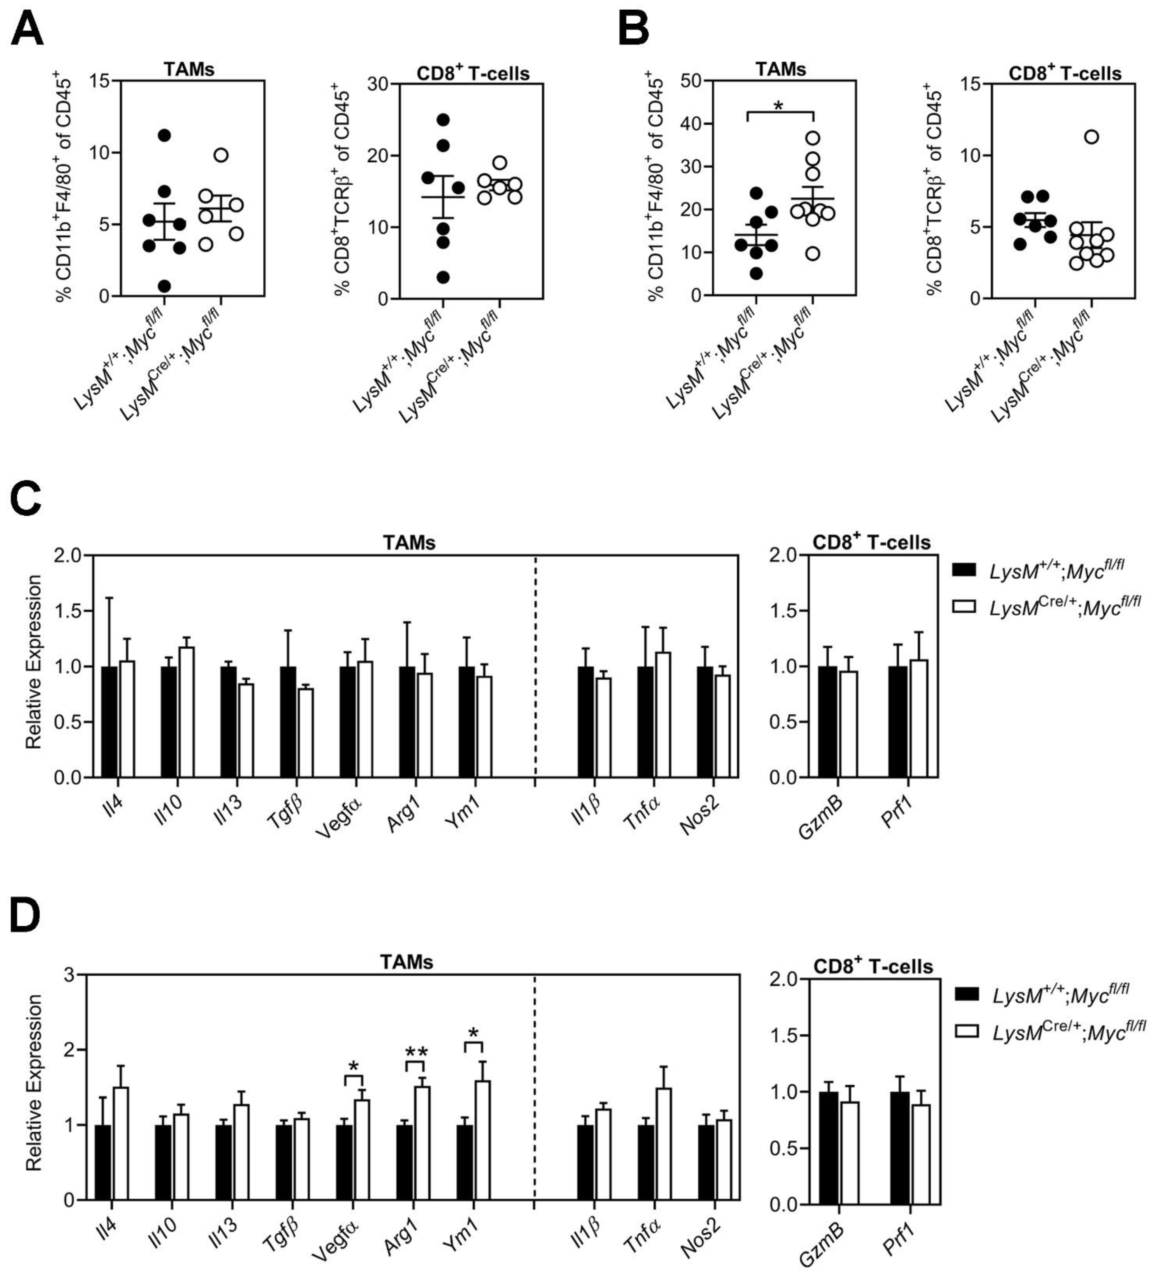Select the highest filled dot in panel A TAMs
165,135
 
